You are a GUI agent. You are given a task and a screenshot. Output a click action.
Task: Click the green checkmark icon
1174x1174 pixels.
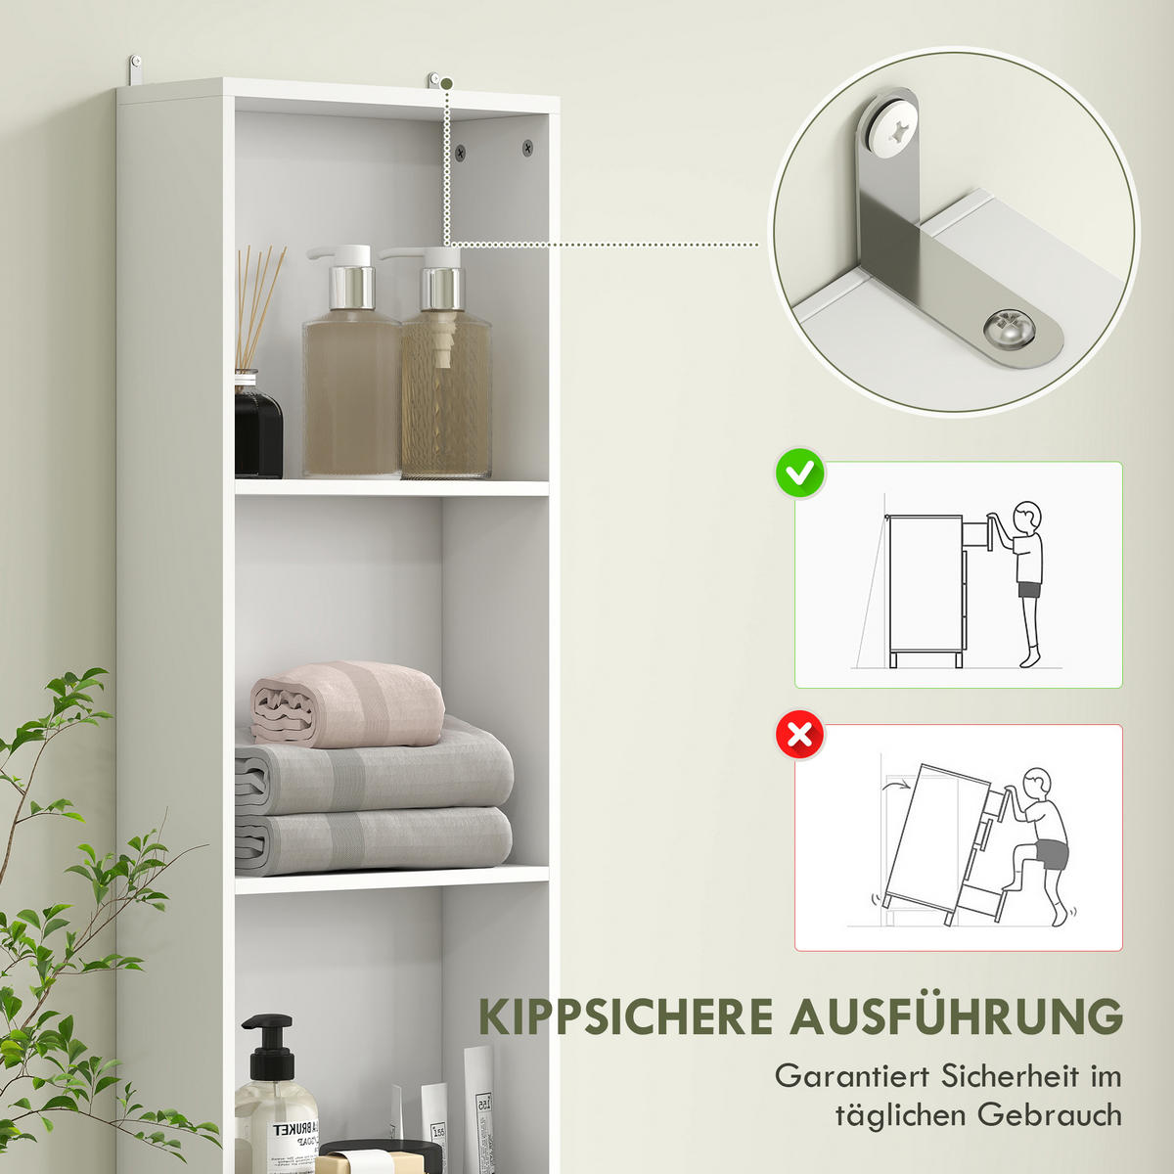coord(800,475)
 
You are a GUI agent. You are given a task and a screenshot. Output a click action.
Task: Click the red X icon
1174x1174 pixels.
coord(800,736)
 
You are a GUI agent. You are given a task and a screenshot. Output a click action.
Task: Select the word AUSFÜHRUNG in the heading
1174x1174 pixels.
coord(957,1017)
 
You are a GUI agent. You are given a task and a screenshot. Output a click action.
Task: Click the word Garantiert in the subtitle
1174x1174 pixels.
coord(851,1076)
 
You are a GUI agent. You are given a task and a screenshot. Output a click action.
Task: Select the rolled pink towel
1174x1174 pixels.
coord(347,702)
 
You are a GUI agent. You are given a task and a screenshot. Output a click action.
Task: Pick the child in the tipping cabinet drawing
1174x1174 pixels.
coord(1043,841)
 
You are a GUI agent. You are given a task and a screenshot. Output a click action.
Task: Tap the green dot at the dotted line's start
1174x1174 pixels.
coord(446,84)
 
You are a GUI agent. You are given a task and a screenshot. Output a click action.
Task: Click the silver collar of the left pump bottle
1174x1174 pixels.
coord(351,287)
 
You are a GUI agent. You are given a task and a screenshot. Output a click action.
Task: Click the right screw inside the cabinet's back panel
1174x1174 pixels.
coord(527,149)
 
